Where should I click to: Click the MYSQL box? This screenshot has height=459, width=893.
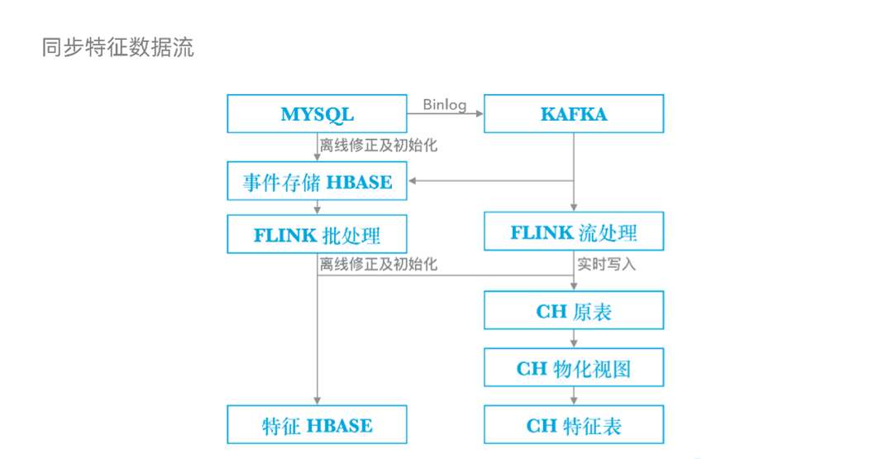tap(317, 114)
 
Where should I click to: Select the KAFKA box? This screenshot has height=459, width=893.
tap(573, 114)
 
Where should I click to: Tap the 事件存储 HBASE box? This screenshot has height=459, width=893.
tap(317, 181)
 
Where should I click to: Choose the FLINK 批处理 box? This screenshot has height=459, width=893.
tap(317, 234)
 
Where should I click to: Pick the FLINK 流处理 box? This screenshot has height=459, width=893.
tap(573, 232)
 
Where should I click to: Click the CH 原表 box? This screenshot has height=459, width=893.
tap(573, 311)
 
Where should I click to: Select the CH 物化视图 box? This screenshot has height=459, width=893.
tap(573, 368)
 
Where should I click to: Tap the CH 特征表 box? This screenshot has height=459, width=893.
tap(573, 425)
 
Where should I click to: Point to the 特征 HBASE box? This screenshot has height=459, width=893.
tap(317, 425)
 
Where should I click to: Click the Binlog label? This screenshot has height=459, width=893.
tap(445, 105)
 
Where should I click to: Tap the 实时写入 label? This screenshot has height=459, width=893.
tap(606, 265)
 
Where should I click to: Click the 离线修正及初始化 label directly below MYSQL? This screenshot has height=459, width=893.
tap(379, 146)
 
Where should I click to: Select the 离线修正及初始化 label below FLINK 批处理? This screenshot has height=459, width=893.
tap(379, 265)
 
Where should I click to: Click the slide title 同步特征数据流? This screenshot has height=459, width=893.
tap(117, 47)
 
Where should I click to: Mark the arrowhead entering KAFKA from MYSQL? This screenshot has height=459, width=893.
tap(479, 114)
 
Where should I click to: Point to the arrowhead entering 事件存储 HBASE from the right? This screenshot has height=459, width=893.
tap(413, 181)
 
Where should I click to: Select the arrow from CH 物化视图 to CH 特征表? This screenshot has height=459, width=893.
tap(573, 396)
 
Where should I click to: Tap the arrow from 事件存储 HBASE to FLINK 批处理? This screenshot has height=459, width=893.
tap(317, 208)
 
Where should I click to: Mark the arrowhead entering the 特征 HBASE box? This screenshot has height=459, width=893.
tap(317, 401)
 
